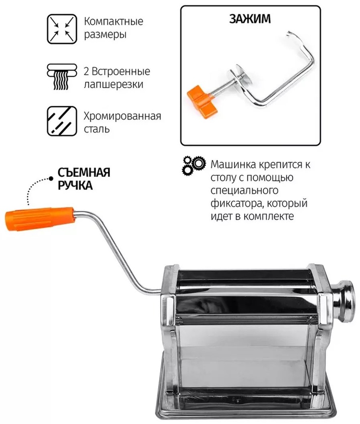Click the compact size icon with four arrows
click(x=62, y=29)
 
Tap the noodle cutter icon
click(x=62, y=77)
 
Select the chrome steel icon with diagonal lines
click(x=62, y=121)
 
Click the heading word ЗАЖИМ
click(x=250, y=19)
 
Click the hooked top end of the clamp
click(x=292, y=34)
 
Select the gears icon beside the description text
click(x=193, y=165)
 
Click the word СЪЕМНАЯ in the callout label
click(x=84, y=173)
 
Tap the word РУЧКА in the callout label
click(x=75, y=185)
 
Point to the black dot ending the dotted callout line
click(x=51, y=179)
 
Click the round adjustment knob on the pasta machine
click(x=344, y=301)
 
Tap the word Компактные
click(x=113, y=22)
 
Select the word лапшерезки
click(x=113, y=84)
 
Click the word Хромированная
click(x=123, y=116)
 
